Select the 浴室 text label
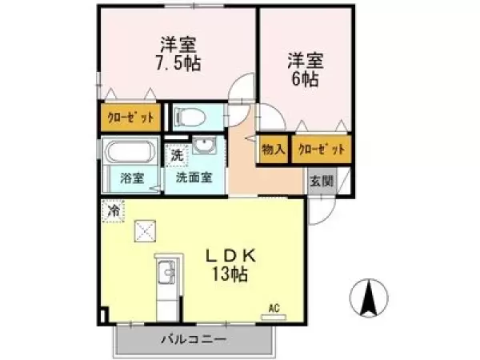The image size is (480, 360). click(x=131, y=178)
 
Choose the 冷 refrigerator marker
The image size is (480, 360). click(x=113, y=211)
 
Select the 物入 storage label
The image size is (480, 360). click(x=274, y=149)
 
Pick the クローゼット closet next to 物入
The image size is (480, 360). click(x=321, y=149)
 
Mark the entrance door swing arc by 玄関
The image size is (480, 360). click(x=326, y=211)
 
